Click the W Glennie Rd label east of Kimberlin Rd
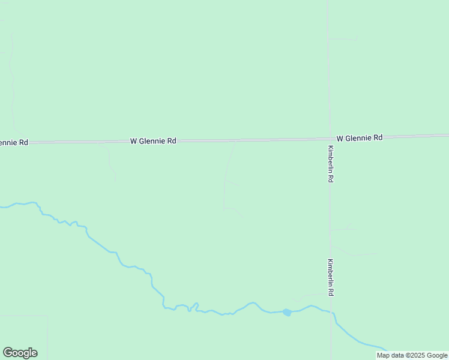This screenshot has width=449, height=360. tap(359, 137)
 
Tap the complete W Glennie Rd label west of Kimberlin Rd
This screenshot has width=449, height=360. tap(153, 141)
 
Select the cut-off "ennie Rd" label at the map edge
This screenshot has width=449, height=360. tap(13, 142)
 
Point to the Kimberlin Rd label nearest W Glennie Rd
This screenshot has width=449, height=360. tap(330, 164)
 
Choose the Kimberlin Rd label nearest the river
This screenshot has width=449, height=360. tap(330, 277)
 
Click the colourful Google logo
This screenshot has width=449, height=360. tap(20, 353)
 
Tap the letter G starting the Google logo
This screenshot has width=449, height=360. tap(8, 353)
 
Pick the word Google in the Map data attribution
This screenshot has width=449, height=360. tap(438, 355)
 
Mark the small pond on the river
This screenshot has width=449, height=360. tap(287, 312)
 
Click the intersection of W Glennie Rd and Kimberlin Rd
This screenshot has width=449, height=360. tap(329, 139)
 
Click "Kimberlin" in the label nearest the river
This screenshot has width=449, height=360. tap(330, 273)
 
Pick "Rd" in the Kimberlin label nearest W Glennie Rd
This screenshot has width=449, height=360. tap(330, 179)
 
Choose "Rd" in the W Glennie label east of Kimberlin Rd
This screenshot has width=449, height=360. tap(377, 137)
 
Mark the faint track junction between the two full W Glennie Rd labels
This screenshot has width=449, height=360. tap(235, 141)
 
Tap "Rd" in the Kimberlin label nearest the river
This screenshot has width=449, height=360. tap(330, 292)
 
